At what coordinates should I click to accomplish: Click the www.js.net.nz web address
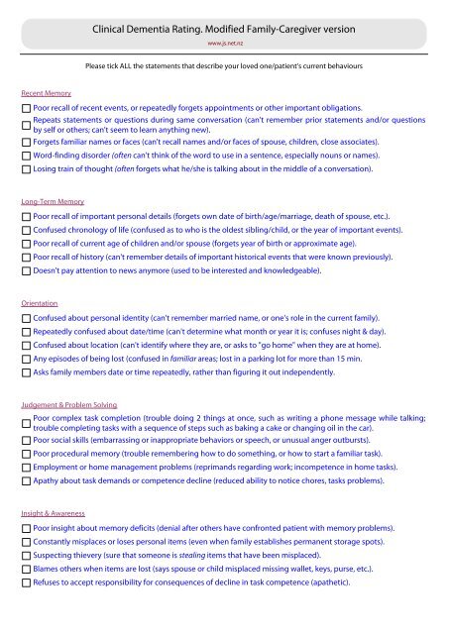click(224, 44)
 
